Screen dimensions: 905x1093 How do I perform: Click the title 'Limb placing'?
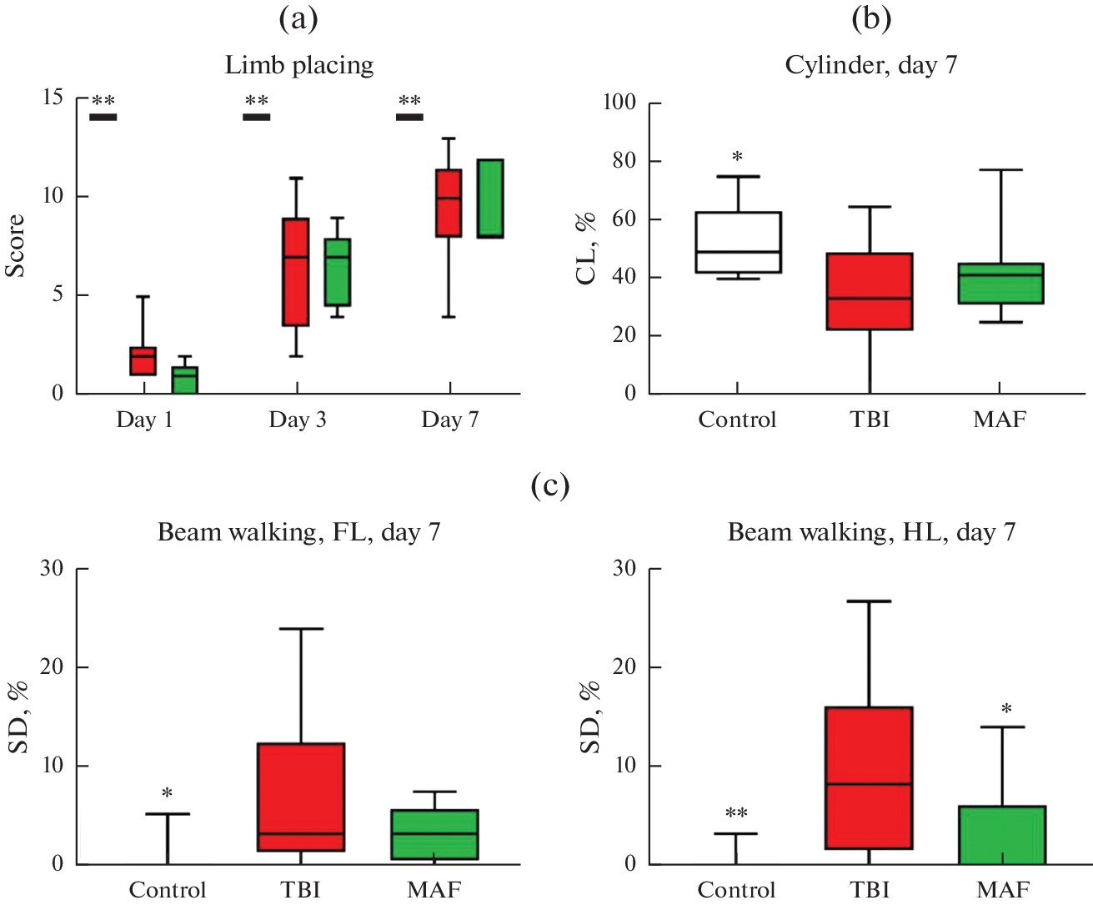click(x=299, y=65)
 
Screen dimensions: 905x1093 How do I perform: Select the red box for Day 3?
click(x=296, y=272)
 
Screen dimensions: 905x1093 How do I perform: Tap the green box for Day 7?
click(x=490, y=199)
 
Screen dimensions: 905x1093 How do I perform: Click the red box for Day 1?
click(x=143, y=361)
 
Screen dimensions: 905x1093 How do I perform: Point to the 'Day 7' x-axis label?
click(x=450, y=420)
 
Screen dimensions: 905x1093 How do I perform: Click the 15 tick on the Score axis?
click(x=53, y=98)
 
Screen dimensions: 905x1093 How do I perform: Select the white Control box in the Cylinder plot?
click(x=738, y=243)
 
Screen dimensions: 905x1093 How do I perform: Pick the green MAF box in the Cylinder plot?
click(x=1000, y=284)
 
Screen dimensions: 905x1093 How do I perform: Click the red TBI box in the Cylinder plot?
click(x=870, y=292)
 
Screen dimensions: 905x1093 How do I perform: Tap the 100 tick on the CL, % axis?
click(x=619, y=103)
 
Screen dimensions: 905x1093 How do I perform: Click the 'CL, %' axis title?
click(x=587, y=249)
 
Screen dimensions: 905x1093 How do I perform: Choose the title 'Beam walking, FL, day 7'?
click(x=298, y=532)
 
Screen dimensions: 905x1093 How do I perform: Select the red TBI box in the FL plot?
click(x=301, y=797)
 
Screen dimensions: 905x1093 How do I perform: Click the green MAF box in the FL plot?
click(x=434, y=835)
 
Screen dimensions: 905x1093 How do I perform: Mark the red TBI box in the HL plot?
click(x=869, y=778)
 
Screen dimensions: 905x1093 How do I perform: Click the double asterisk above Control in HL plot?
click(x=736, y=813)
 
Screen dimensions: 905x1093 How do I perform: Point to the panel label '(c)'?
click(x=550, y=485)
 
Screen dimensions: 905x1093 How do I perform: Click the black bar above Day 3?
click(x=257, y=117)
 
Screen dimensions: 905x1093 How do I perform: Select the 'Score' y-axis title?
click(x=15, y=246)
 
